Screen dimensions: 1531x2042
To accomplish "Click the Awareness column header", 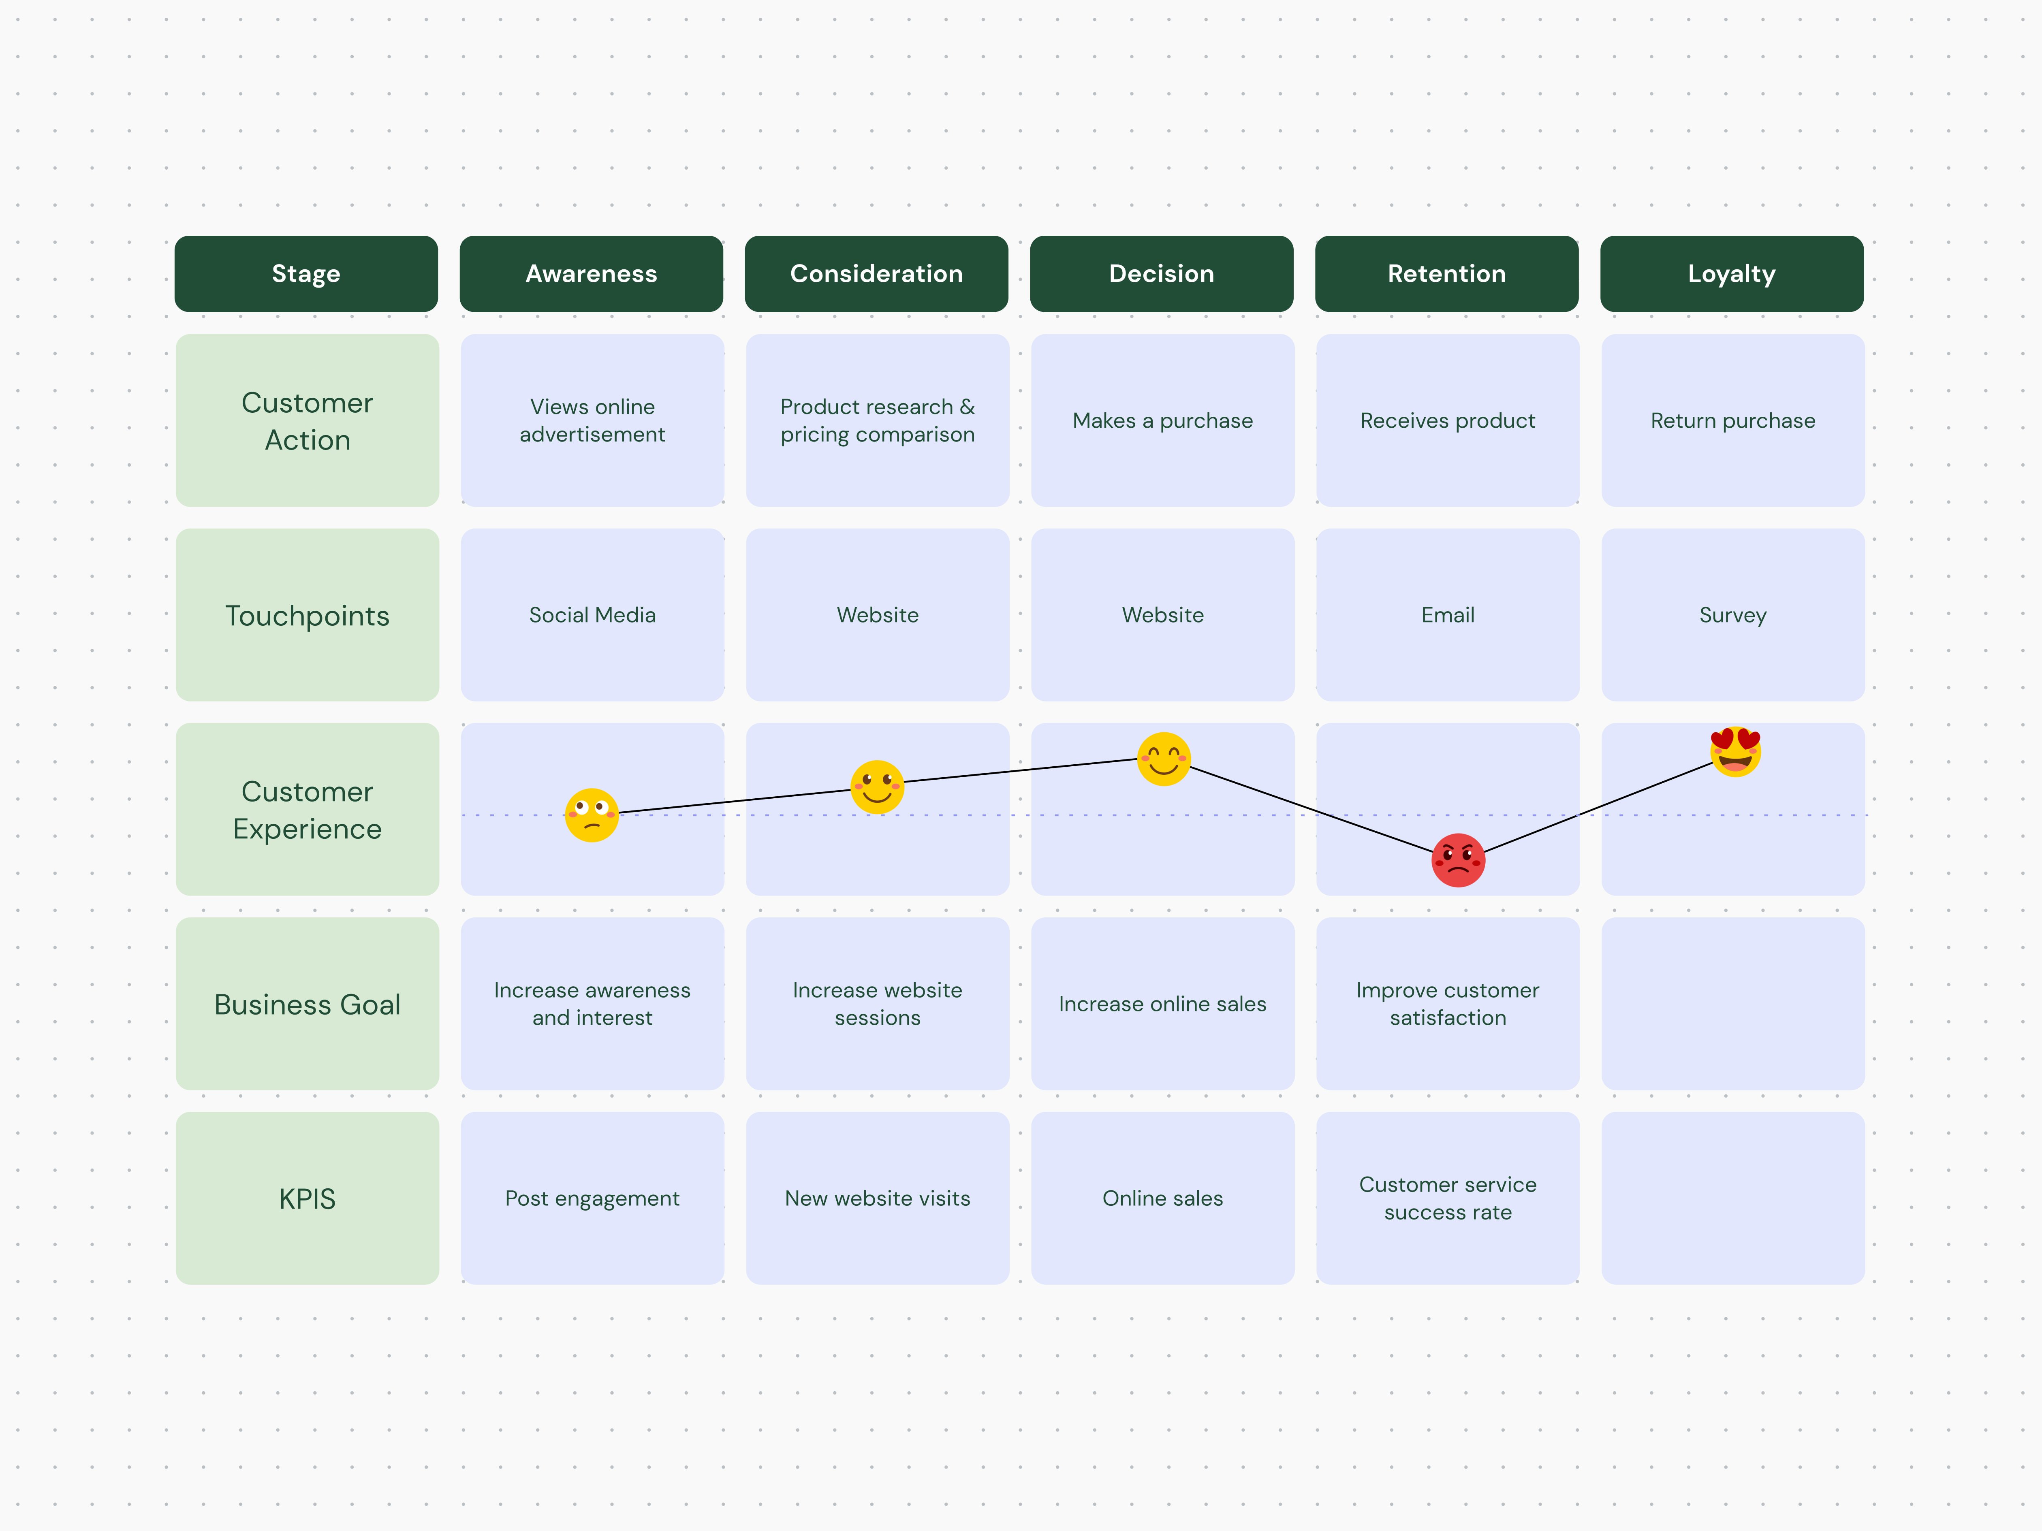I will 591,274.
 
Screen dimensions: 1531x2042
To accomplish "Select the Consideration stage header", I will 876,274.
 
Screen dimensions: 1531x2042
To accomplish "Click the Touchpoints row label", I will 308,616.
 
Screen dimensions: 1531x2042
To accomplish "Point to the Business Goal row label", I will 308,1004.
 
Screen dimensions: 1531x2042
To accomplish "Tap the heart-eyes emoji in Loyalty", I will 1736,751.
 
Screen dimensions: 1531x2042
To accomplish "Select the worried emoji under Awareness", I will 591,814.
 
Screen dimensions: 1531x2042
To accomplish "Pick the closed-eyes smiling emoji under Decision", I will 1163,759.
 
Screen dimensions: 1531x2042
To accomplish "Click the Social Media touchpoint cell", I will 592,616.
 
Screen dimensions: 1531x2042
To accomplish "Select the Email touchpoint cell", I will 1448,616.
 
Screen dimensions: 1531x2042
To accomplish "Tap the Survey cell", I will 1733,616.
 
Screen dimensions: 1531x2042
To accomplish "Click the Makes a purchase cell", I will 1162,421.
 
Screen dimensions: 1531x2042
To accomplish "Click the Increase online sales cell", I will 1162,1004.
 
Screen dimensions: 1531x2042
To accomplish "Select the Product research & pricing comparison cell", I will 877,421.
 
